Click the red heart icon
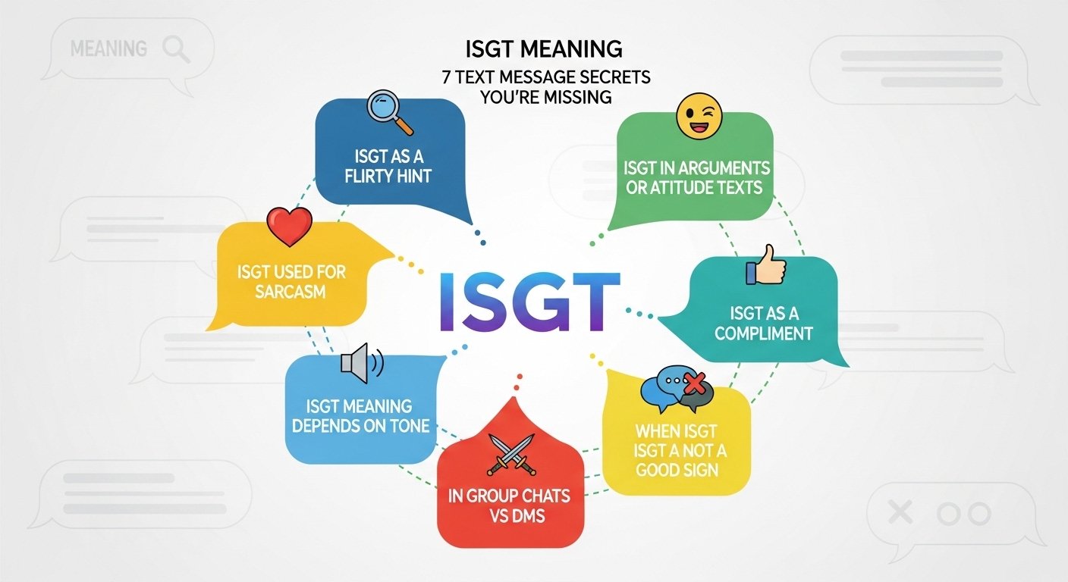(x=290, y=226)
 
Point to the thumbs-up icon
(x=765, y=264)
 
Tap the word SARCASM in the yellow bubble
(x=291, y=291)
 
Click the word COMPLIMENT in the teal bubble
(x=763, y=333)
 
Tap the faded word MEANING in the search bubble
(x=108, y=49)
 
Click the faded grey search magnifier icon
(x=175, y=49)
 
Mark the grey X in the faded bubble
(x=900, y=513)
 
